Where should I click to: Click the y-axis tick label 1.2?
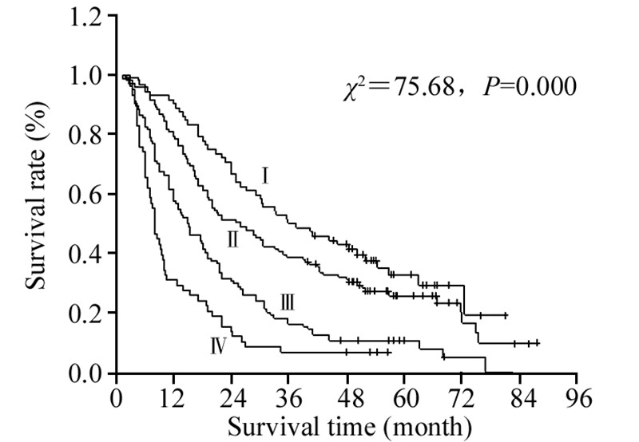click(x=85, y=17)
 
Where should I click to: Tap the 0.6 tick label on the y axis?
click(x=85, y=195)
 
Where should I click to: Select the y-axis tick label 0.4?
click(x=85, y=254)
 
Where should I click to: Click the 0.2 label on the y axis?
click(x=85, y=314)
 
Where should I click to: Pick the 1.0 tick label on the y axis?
click(x=85, y=76)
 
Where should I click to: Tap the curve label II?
click(x=232, y=238)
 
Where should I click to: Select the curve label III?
click(x=288, y=302)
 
